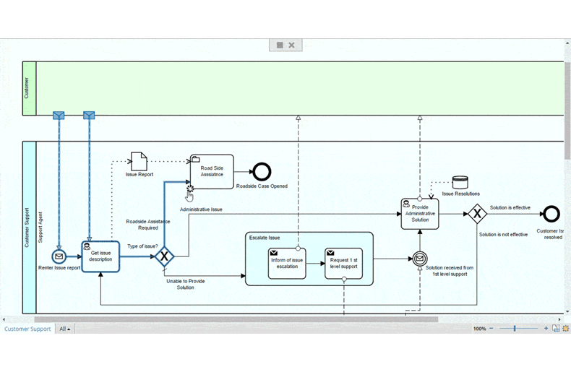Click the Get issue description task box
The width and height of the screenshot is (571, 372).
tap(100, 256)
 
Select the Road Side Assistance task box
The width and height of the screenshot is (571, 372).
tap(212, 171)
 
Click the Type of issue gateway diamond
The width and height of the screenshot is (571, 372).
tap(164, 256)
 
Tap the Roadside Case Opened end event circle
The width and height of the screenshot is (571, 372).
tap(262, 172)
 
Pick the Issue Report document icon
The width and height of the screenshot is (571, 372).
tap(139, 161)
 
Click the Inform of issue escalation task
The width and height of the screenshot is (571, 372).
tap(287, 264)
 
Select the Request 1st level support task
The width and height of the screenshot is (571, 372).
tap(343, 264)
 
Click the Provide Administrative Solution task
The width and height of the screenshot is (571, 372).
tap(420, 214)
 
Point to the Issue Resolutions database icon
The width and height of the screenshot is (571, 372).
tap(460, 182)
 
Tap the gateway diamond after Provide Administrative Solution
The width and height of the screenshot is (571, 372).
tap(477, 214)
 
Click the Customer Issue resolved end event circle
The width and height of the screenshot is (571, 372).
tap(551, 214)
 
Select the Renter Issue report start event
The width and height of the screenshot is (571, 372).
tap(59, 256)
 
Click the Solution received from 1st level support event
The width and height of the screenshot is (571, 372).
tap(420, 259)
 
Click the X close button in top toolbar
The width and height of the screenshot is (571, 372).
tap(291, 45)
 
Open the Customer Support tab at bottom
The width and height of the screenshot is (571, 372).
tap(27, 329)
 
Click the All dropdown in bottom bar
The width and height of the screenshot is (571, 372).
tap(65, 329)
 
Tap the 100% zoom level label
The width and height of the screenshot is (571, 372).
tap(480, 329)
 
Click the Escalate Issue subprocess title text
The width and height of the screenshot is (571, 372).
tap(265, 238)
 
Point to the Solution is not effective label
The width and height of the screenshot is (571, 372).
tap(503, 235)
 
